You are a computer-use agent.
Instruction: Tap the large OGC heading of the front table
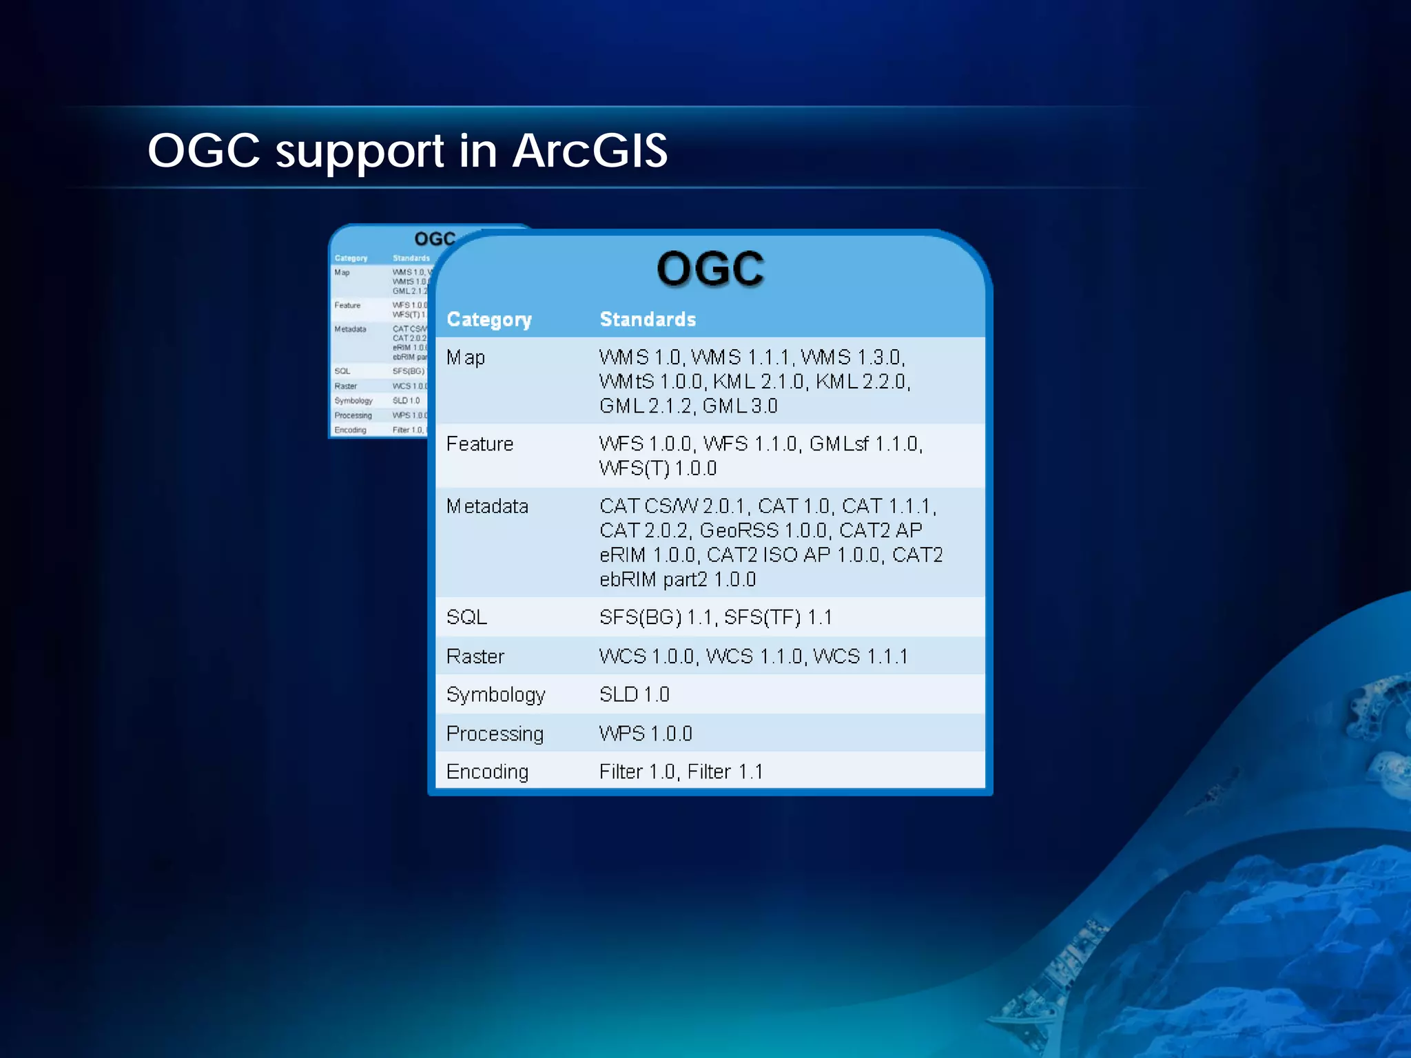[710, 269]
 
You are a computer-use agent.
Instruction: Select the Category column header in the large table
[489, 320]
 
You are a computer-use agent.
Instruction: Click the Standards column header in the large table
[648, 320]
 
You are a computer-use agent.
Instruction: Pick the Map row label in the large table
[466, 358]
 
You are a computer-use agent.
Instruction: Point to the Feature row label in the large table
[480, 444]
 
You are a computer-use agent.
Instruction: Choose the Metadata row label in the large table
[487, 507]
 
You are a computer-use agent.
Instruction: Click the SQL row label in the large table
[466, 617]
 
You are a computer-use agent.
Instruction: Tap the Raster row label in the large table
[475, 656]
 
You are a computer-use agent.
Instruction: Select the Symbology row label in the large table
[495, 695]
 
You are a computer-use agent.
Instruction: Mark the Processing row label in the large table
[495, 734]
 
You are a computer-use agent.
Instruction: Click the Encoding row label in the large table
[487, 772]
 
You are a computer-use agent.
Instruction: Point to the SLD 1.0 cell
[634, 694]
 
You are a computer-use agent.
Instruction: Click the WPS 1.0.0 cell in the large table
[646, 734]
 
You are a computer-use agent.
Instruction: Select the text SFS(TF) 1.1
[778, 617]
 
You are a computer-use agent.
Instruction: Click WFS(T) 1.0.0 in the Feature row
[658, 468]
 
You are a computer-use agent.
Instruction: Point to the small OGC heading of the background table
[435, 239]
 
